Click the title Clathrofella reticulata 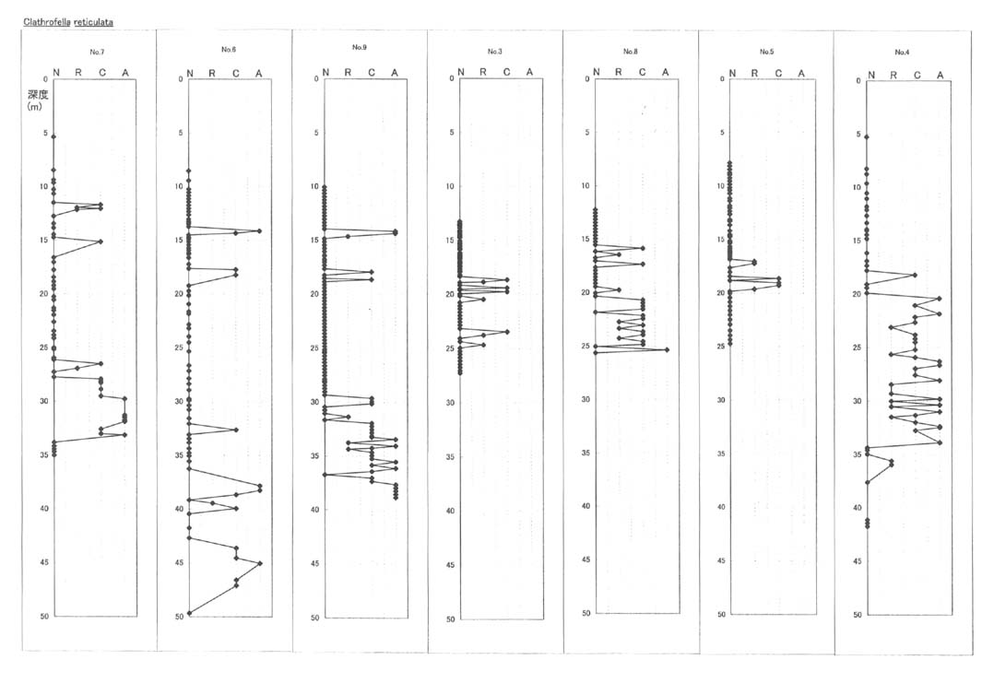[68, 22]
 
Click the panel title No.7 [97, 52]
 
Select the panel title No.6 [229, 50]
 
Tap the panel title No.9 [360, 48]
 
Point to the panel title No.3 [495, 52]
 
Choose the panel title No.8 [630, 52]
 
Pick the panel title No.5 [766, 52]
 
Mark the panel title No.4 [902, 52]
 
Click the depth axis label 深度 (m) [38, 100]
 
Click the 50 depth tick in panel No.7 [44, 616]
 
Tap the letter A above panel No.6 [258, 74]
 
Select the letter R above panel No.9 [348, 73]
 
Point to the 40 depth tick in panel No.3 [451, 512]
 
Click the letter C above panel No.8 [642, 72]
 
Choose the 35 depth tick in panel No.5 [721, 453]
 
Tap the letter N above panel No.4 [871, 76]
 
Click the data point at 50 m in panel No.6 [190, 613]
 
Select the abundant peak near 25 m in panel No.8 [667, 349]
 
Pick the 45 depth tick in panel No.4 [858, 561]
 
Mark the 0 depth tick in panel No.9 [316, 79]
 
